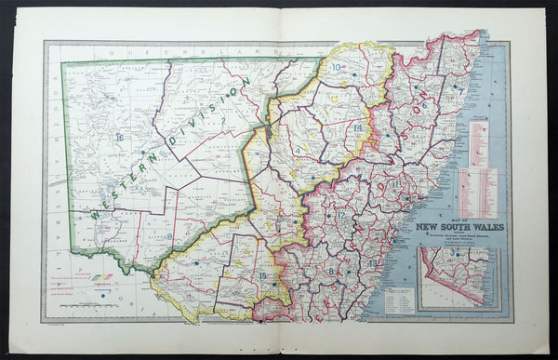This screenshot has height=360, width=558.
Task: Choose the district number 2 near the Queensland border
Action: tap(222, 120)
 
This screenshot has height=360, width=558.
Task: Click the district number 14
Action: tap(357, 127)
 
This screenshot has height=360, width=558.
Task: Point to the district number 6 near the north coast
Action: tap(425, 105)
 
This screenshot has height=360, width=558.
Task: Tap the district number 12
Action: tap(341, 215)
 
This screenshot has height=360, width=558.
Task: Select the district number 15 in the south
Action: tap(263, 276)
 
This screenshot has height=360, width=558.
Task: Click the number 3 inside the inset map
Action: tap(453, 253)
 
